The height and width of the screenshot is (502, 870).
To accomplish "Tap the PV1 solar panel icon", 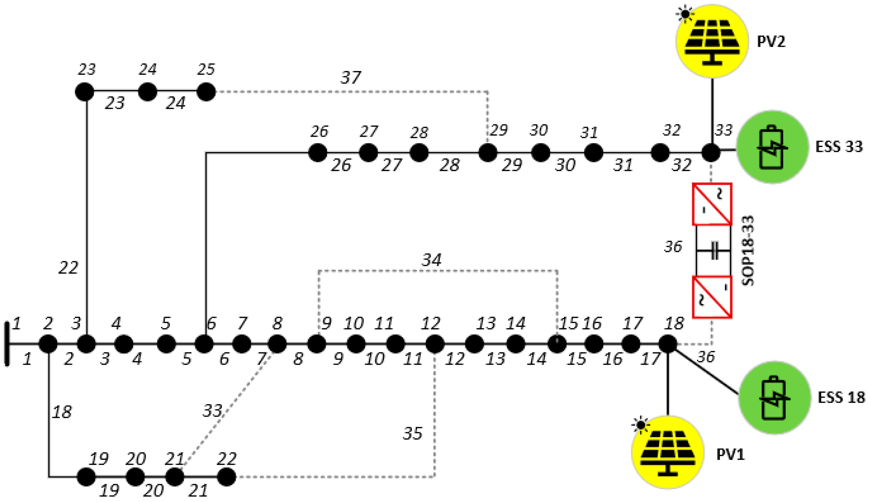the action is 668,452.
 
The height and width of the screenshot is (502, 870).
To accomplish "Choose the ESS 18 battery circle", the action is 775,397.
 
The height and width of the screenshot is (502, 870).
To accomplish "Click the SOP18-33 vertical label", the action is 748,251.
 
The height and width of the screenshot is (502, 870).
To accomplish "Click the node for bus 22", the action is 227,477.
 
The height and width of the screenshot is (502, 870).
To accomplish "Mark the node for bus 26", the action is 317,152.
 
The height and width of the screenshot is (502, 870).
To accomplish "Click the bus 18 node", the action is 668,344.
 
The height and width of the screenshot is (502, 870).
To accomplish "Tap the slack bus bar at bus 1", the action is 7,343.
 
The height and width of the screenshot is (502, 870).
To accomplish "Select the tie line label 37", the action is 351,77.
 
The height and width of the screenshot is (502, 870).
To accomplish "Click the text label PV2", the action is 771,42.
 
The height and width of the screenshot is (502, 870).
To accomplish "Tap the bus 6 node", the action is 204,344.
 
